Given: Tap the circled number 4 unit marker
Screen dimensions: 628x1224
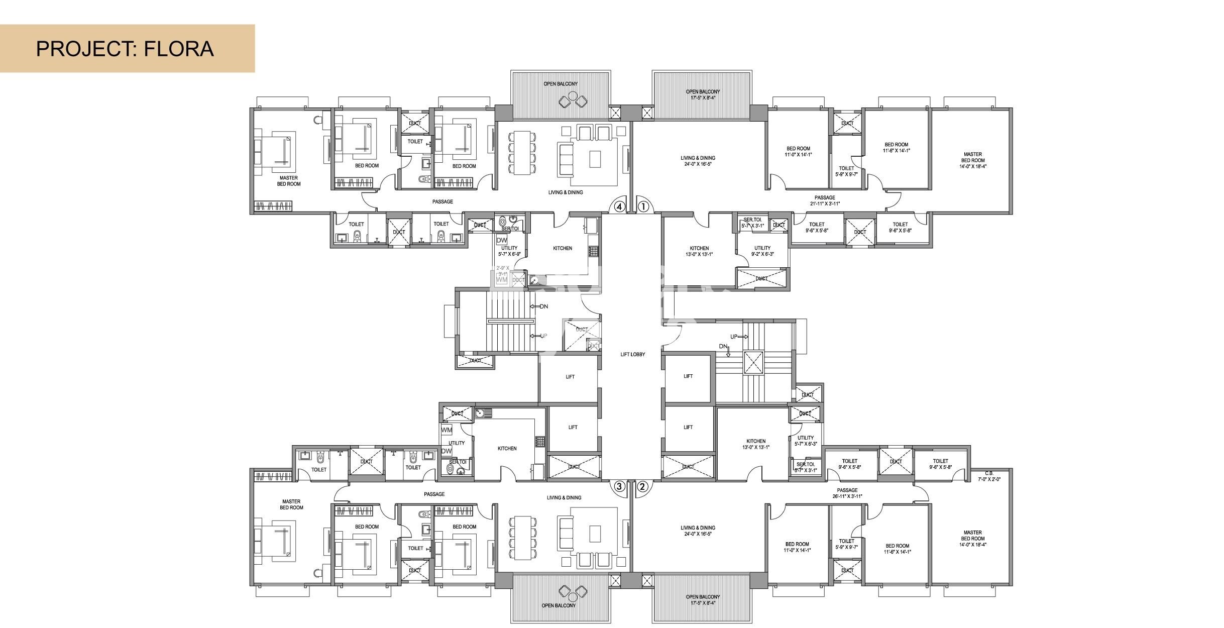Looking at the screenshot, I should pos(619,206).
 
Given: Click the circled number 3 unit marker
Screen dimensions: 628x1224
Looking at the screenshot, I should pos(619,486).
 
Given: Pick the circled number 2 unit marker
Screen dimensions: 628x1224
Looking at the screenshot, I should pos(642,486).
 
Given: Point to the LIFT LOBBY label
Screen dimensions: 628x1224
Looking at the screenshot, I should pos(632,354).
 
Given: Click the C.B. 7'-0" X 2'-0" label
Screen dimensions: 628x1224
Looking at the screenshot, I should pos(989,476).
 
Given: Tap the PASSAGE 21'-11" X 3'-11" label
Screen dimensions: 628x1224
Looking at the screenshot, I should pos(825,200).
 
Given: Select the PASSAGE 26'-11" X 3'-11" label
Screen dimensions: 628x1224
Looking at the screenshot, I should pos(847,493).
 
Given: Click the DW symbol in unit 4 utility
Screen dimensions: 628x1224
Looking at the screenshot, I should pos(501,240).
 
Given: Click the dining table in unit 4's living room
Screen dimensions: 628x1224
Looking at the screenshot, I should pos(522,153).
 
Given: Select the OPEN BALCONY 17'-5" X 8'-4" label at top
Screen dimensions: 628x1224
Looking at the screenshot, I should pos(703,94).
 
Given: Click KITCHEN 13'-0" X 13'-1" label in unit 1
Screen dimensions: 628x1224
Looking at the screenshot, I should pos(699,251).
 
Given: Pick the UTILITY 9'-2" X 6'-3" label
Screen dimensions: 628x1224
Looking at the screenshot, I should pos(762,251).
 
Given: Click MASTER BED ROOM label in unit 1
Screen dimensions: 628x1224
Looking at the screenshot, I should pos(972,160).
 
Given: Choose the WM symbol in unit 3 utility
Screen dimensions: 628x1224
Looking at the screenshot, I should pos(446,430).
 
